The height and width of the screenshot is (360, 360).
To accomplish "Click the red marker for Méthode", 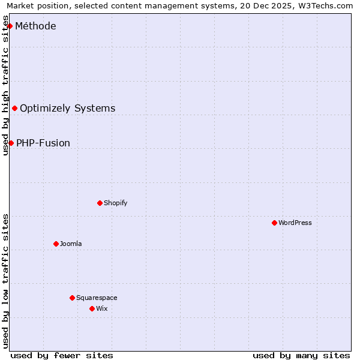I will click(x=10, y=26).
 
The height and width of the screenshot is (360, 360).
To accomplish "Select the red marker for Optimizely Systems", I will click(x=15, y=109).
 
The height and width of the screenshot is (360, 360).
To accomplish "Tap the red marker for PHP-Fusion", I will click(x=11, y=143).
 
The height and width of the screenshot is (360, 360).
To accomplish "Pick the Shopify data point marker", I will click(x=100, y=203).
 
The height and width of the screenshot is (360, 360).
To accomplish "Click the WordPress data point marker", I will click(x=274, y=223).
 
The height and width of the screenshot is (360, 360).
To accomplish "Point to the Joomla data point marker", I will click(x=56, y=244).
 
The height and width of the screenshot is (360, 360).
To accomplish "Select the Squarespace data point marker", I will click(x=72, y=298).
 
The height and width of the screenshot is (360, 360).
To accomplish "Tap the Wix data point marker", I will click(x=92, y=308).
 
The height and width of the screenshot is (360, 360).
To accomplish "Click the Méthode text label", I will click(x=35, y=26).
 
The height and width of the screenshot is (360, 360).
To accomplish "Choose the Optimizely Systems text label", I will click(x=67, y=109).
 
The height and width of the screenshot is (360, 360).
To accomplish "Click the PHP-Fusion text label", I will click(x=43, y=143).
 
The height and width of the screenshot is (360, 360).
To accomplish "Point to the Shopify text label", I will click(x=115, y=203).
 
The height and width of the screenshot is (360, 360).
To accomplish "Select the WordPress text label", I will click(x=295, y=223).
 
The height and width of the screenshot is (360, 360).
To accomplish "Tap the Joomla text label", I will click(x=71, y=244).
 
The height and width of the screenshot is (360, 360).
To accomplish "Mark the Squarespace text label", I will click(x=97, y=298).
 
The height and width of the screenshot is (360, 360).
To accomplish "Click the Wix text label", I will click(x=101, y=308).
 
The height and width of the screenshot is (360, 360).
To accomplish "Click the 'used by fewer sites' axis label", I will click(x=62, y=355).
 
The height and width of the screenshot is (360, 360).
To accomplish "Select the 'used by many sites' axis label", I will click(x=301, y=355).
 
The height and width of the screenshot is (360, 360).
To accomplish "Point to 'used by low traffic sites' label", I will click(x=6, y=281).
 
